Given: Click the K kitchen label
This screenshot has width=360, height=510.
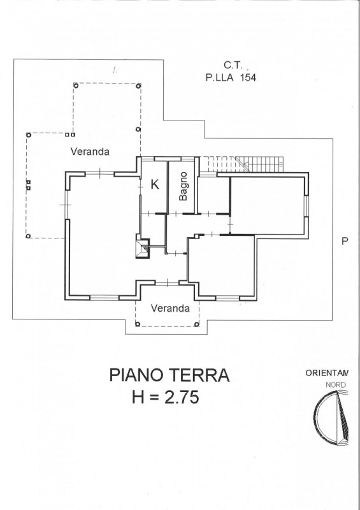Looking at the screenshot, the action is pos(155,184).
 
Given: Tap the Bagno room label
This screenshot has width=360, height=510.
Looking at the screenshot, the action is pos(183,186).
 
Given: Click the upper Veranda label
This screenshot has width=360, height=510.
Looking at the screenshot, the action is pos(90,152).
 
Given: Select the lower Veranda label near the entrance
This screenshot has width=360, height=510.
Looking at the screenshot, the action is pos(170,309).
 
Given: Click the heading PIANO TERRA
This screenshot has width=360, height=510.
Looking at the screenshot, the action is pos(169,375).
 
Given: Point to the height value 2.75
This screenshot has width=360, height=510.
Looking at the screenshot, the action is pos(182,397).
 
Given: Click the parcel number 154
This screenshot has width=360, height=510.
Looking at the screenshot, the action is pos(248,78).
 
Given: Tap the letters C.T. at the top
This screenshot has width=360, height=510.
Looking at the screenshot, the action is pos(233,65).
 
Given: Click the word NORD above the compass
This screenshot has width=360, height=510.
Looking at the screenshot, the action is pos(336,385).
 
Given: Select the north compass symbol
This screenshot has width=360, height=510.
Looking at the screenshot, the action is pos(331,418).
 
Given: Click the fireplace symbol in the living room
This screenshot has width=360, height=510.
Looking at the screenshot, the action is pos(143,249).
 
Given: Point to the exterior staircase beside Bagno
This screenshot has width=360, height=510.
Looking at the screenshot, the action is pos(242,164).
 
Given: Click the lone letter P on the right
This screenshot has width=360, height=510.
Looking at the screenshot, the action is pos(345,241).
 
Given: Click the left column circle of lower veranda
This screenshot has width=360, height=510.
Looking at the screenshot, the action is pos(138,324).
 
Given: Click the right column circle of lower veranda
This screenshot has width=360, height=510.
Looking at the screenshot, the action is pos(196,324).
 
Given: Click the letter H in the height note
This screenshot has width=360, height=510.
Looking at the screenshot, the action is pos(138,397).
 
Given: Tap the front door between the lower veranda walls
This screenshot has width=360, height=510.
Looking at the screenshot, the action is pos(167,283).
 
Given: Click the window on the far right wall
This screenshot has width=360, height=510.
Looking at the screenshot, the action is pos(306,207).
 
